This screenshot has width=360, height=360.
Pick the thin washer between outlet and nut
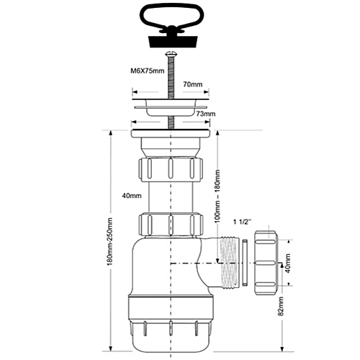pyautogui.click(x=244, y=261)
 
